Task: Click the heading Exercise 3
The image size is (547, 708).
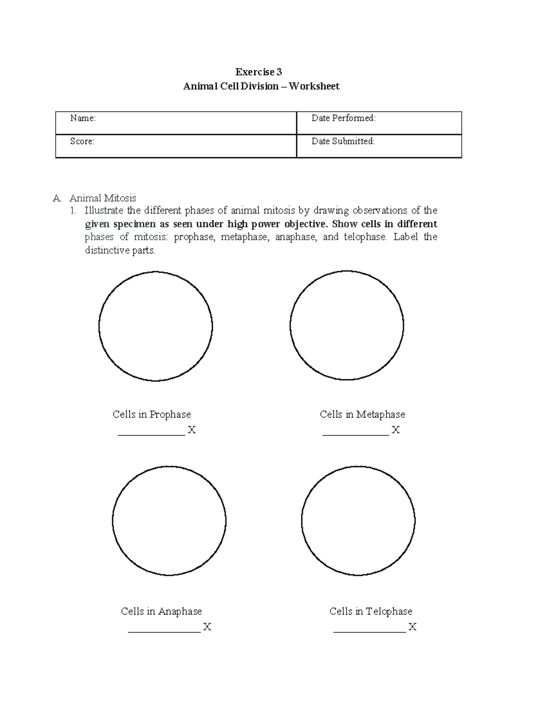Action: (x=258, y=72)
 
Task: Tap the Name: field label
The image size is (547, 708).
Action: (x=83, y=119)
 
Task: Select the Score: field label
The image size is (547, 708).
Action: (x=83, y=142)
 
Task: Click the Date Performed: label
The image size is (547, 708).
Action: (x=343, y=119)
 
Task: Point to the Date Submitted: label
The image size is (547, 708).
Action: (x=343, y=142)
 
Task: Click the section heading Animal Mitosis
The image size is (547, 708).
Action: (x=103, y=198)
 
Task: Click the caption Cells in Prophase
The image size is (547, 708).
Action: (x=152, y=414)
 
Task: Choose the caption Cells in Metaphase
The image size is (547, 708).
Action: (x=362, y=414)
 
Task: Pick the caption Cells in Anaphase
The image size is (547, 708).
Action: (x=161, y=611)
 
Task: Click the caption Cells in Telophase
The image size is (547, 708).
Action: (x=371, y=611)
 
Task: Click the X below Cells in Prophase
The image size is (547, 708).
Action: (x=191, y=430)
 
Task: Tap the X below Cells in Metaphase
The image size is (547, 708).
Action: (x=396, y=430)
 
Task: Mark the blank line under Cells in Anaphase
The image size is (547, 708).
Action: (x=164, y=631)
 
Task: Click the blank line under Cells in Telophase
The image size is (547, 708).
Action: (x=369, y=631)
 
